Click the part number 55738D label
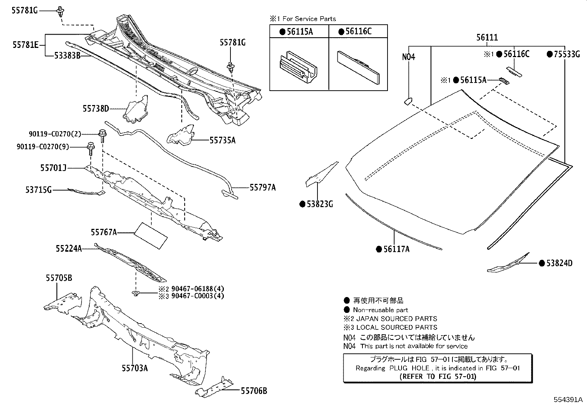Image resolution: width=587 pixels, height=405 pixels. point(95,108)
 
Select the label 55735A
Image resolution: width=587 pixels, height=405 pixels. point(222,140)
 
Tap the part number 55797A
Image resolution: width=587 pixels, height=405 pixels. point(263,188)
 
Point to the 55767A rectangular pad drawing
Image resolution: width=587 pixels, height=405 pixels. point(150,235)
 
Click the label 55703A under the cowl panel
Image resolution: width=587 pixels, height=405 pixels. point(135,368)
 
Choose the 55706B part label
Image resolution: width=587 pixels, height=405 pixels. point(254,391)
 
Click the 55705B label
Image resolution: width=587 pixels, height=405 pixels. point(59,278)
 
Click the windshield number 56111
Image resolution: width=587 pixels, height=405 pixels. point(487,37)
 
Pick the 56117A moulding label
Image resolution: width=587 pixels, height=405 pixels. point(396,249)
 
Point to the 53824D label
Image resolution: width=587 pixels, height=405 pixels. point(559,263)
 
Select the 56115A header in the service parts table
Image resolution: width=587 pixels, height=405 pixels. point(299,32)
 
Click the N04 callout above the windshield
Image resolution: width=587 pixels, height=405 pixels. point(409,57)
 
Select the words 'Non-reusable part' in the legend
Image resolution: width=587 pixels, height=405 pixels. point(380,310)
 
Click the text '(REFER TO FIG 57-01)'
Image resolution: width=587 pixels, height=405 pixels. point(438,376)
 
